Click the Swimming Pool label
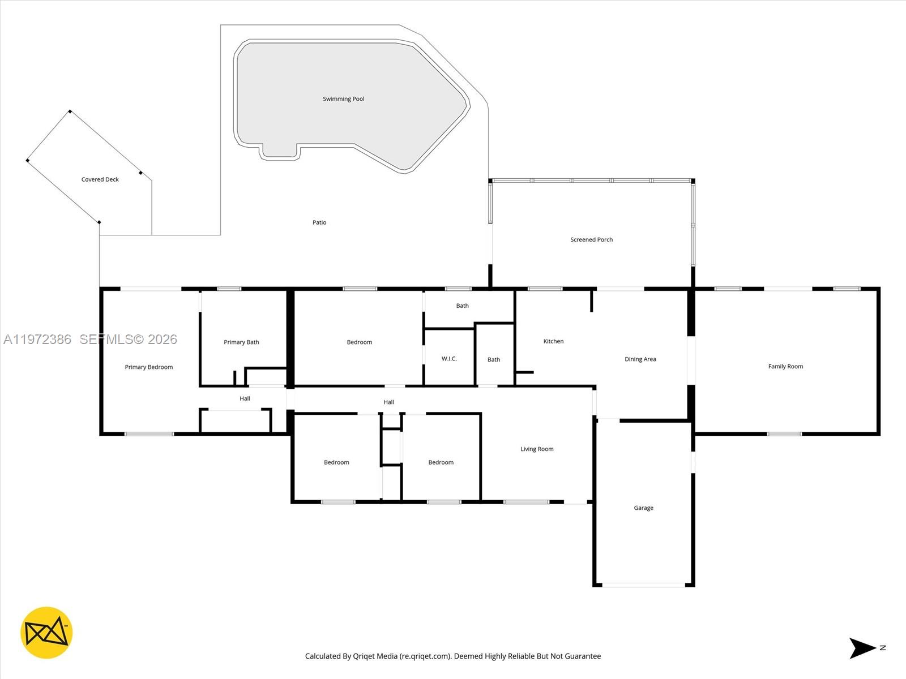tap(343, 99)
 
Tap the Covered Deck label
tap(100, 179)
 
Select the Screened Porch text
tap(591, 240)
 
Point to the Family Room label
tap(785, 367)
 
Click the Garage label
tap(643, 508)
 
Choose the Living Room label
tap(537, 449)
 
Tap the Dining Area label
tap(640, 359)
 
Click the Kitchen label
tap(553, 341)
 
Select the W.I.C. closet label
tap(449, 359)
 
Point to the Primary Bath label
tap(241, 342)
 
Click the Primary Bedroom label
tap(148, 367)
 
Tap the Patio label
tap(319, 222)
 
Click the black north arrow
tap(861, 648)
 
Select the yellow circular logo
tap(46, 633)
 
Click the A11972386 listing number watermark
tap(37, 339)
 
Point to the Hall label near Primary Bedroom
tap(245, 398)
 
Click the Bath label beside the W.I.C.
tap(494, 360)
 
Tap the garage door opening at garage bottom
tap(643, 585)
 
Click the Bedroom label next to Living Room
tap(441, 462)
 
